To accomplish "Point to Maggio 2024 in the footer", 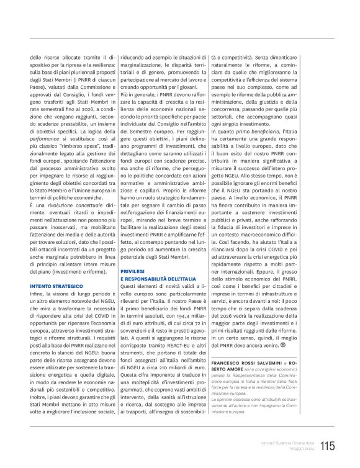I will click(302, 449).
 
